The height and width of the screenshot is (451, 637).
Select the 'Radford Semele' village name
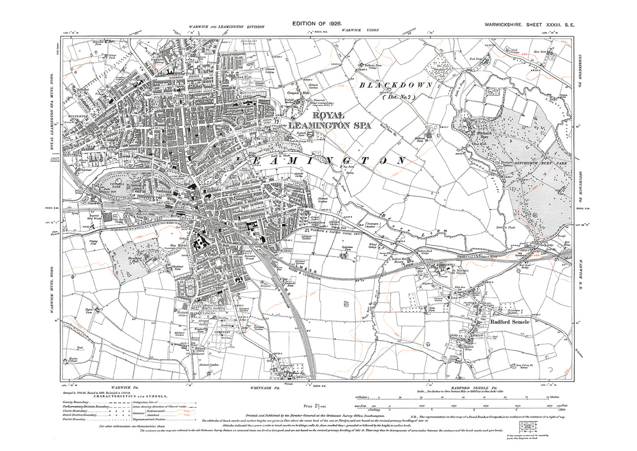tap(510, 322)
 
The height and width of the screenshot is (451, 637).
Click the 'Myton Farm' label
tap(91, 311)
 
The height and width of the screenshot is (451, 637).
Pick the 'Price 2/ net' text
tap(314, 406)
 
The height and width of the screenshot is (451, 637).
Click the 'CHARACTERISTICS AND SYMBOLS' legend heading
tap(124, 396)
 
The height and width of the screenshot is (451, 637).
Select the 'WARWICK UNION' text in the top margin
tap(360, 30)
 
